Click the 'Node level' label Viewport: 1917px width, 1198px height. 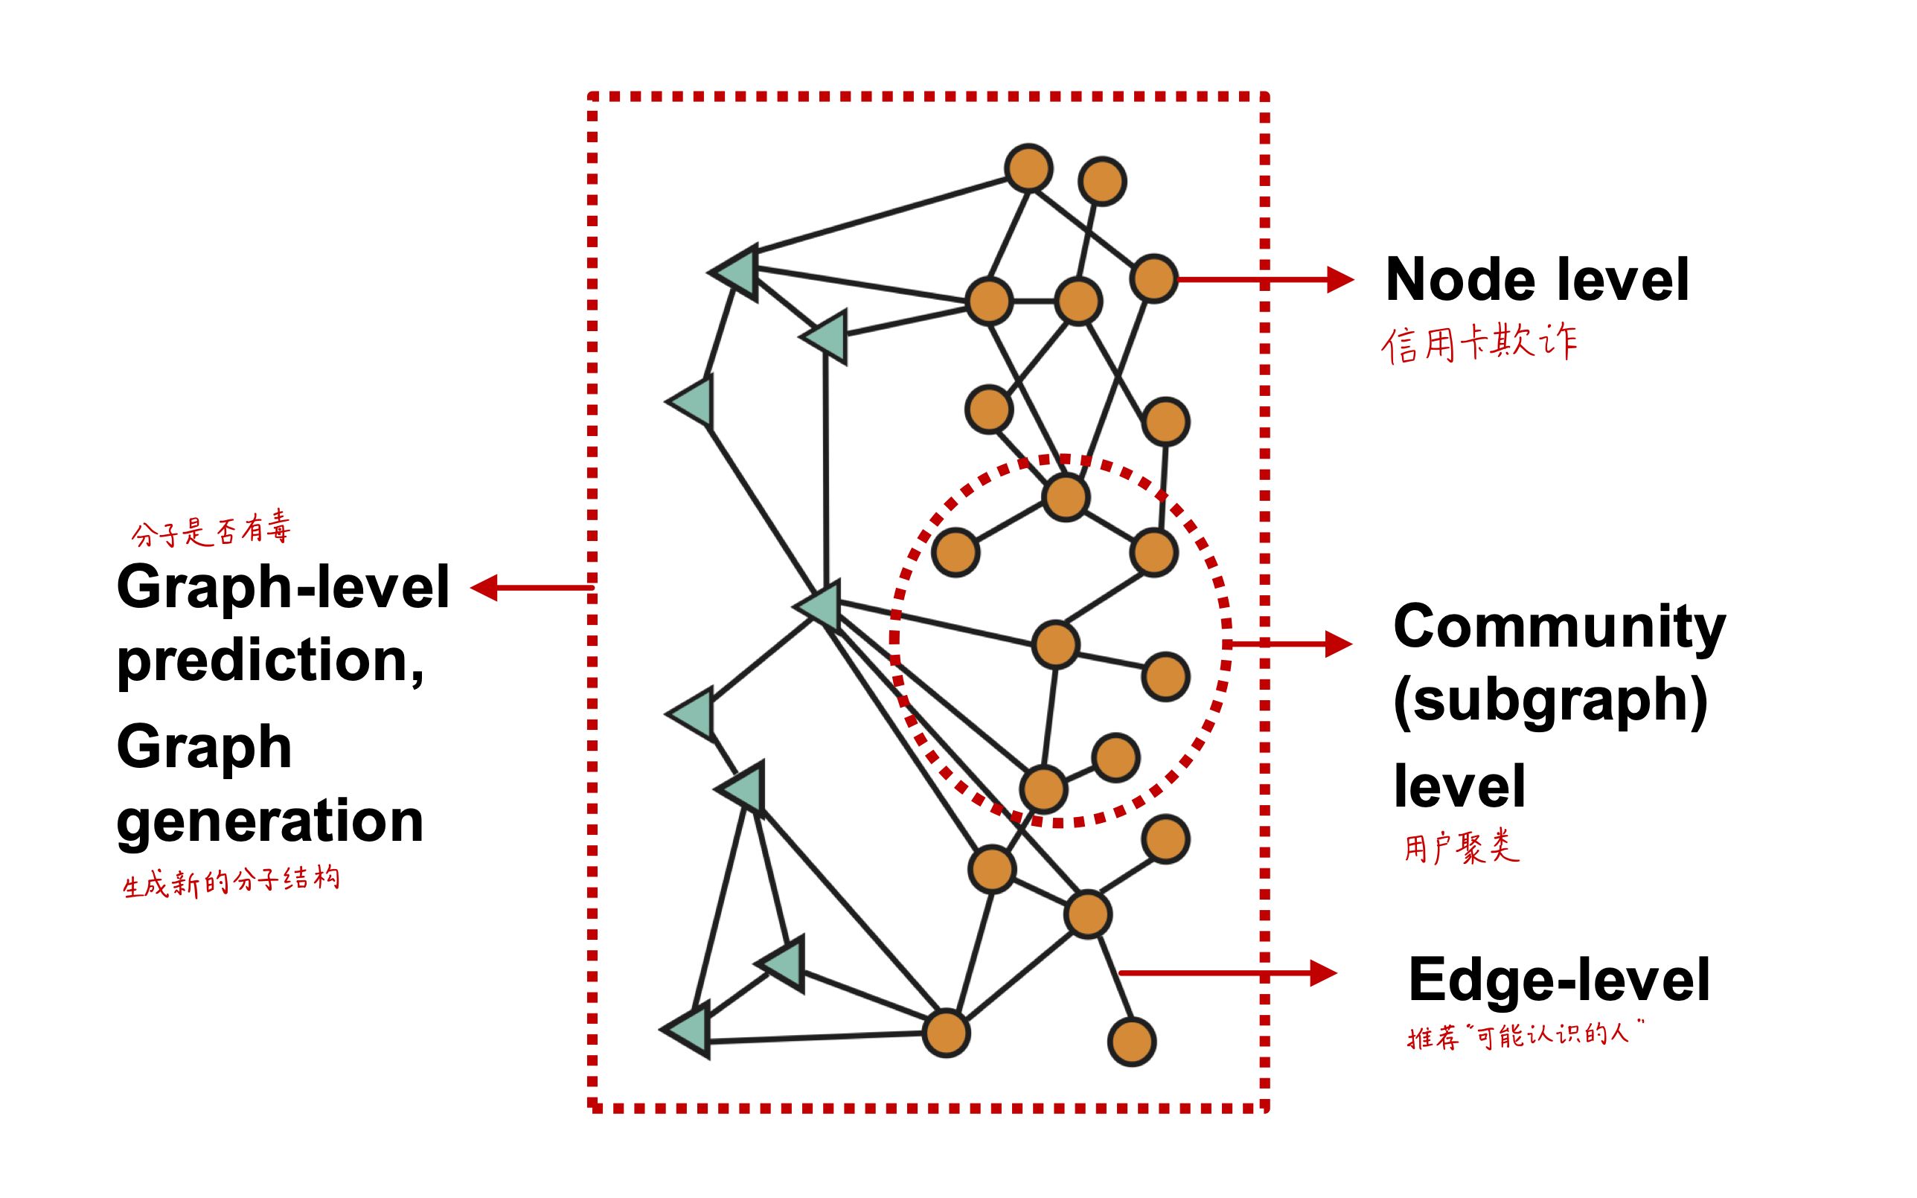click(x=1537, y=280)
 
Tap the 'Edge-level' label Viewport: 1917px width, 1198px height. click(x=1558, y=980)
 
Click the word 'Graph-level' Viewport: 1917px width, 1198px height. click(x=283, y=587)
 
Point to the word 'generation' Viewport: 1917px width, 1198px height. click(x=269, y=821)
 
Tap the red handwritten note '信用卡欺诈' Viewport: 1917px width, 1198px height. click(x=1479, y=343)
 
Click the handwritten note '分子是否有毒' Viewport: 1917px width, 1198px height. click(x=211, y=530)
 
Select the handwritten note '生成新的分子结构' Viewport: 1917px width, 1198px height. click(x=231, y=881)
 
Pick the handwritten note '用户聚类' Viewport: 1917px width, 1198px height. click(x=1462, y=847)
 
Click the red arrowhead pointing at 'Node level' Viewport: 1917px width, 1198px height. click(x=1340, y=280)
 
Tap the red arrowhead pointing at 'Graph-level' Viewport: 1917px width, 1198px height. click(x=484, y=588)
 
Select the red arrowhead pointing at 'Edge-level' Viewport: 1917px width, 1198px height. click(x=1323, y=973)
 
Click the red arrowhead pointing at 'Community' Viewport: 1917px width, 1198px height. click(x=1338, y=644)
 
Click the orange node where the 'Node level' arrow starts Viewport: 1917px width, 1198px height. click(x=1153, y=279)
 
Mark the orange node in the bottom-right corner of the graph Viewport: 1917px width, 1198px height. click(x=1131, y=1042)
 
